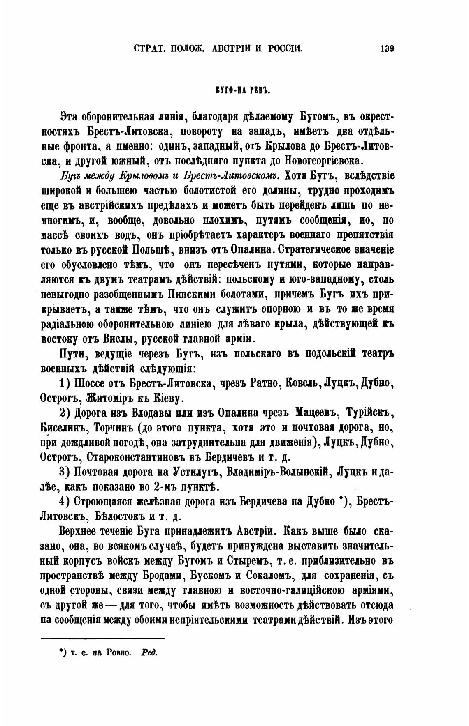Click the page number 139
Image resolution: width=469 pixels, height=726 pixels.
click(x=387, y=48)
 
